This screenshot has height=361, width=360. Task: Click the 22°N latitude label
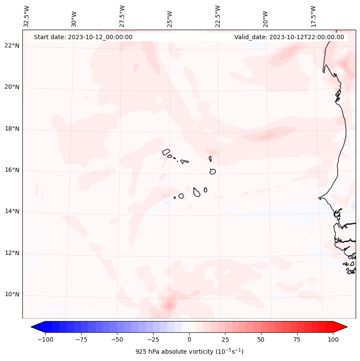(x=12, y=46)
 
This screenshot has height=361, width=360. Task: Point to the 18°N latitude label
(x=12, y=129)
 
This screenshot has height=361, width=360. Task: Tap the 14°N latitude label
(x=12, y=211)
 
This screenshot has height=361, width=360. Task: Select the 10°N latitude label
(x=12, y=295)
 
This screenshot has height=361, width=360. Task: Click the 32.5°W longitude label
(x=27, y=17)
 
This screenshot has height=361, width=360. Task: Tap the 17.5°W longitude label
(x=313, y=17)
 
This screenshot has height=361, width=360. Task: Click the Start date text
(x=83, y=37)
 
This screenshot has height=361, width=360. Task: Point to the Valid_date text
(x=289, y=37)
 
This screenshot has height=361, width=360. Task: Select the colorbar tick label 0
(x=189, y=339)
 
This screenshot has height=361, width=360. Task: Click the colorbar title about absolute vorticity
(x=189, y=352)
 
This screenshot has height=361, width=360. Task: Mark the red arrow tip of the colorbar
(x=346, y=327)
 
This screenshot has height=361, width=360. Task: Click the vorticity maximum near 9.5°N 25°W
(x=169, y=306)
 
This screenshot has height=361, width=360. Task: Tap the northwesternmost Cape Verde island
(x=166, y=151)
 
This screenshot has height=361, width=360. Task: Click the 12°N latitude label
(x=12, y=253)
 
